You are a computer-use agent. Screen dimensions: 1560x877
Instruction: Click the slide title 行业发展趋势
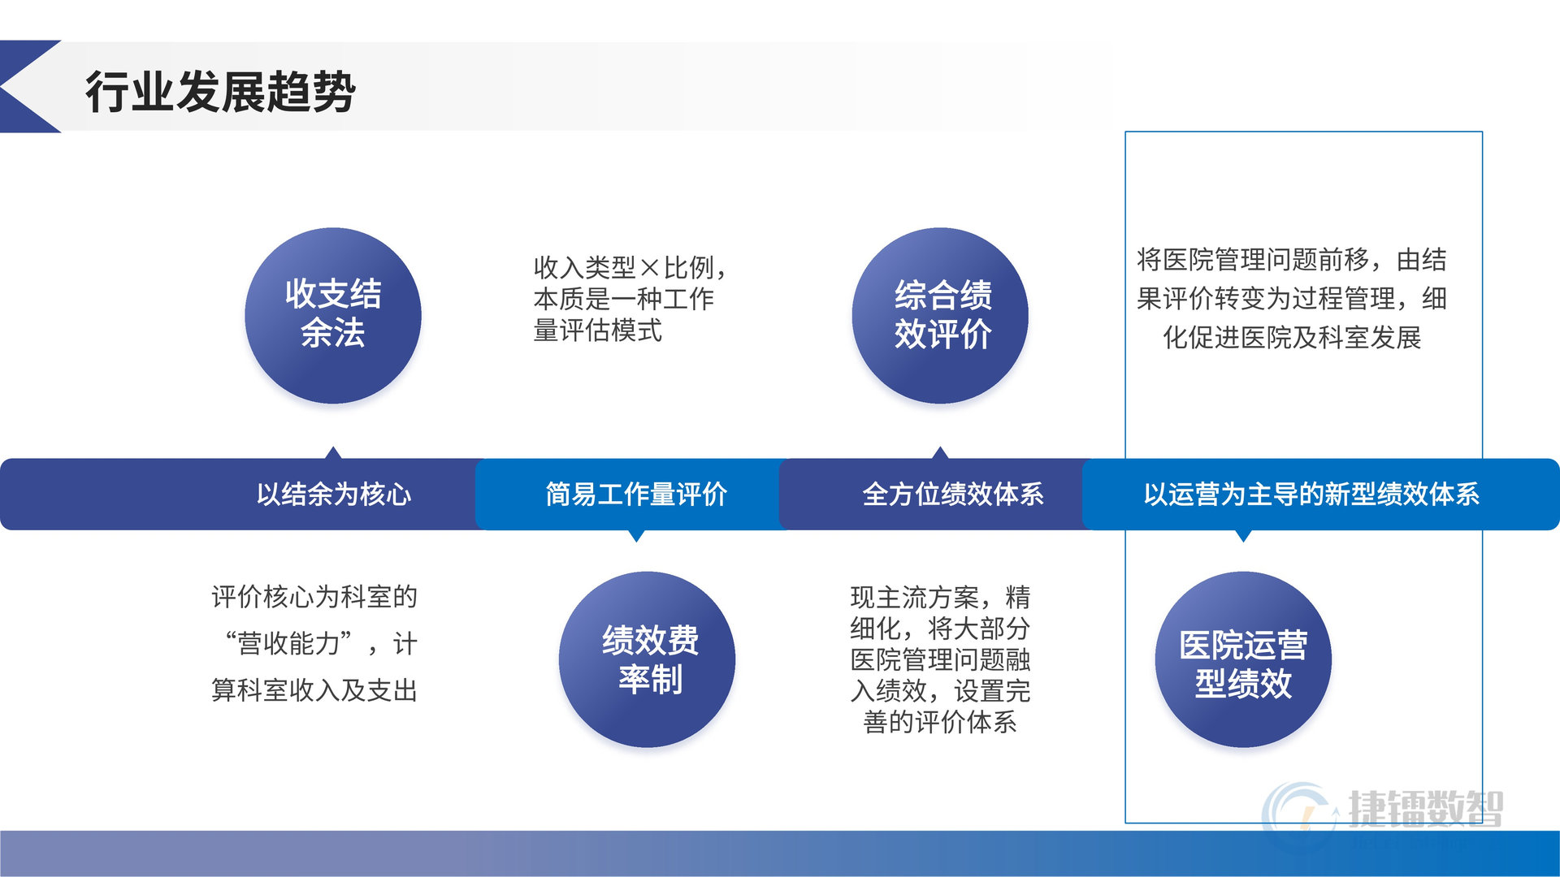click(220, 91)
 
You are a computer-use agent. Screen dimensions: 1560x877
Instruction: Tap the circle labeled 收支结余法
click(333, 315)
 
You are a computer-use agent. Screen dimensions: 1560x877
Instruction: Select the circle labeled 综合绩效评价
click(940, 315)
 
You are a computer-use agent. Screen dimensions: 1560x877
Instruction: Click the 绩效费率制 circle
click(647, 659)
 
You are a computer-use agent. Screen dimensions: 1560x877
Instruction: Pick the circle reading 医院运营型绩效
click(1243, 659)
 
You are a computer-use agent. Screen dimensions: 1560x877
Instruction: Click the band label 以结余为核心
click(334, 494)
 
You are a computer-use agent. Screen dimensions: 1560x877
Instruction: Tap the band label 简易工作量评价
click(636, 494)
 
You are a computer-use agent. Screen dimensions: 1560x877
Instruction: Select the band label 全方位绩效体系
click(953, 494)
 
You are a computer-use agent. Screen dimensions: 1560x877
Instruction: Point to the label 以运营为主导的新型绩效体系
click(1311, 494)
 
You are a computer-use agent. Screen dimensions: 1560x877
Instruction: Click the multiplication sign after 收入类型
click(650, 267)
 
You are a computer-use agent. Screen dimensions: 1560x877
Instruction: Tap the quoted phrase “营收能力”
click(289, 643)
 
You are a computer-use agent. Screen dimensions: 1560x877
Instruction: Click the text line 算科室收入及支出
click(314, 690)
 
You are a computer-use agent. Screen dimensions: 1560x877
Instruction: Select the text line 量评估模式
click(598, 330)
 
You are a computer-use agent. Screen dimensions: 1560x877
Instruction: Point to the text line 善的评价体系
click(940, 722)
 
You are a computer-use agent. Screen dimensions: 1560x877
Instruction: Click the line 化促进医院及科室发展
click(1292, 337)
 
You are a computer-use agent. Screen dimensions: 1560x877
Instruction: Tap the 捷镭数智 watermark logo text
click(1426, 809)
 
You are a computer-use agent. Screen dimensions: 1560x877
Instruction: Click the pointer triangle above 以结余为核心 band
click(333, 452)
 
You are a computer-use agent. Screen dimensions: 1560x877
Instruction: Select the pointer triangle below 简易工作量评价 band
click(637, 536)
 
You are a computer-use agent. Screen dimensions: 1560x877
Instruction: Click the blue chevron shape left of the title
click(30, 86)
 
